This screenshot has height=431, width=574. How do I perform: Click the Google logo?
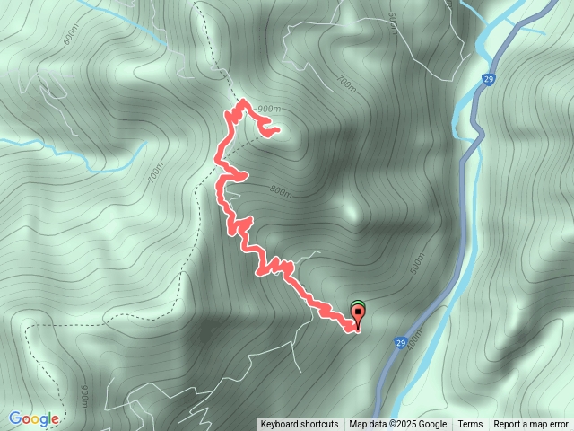pyautogui.click(x=34, y=418)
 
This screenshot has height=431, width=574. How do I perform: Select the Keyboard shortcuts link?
pyautogui.click(x=300, y=425)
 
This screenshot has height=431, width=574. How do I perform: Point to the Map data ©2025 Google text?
pyautogui.click(x=398, y=425)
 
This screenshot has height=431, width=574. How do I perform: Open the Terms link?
pyautogui.click(x=470, y=425)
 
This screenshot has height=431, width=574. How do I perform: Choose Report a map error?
pyautogui.click(x=531, y=425)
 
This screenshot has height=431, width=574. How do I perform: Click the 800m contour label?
pyautogui.click(x=280, y=190)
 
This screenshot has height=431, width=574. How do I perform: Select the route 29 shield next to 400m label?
pyautogui.click(x=400, y=342)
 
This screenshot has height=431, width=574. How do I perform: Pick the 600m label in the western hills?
pyautogui.click(x=71, y=37)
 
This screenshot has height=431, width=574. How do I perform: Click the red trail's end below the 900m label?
pyautogui.click(x=276, y=130)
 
